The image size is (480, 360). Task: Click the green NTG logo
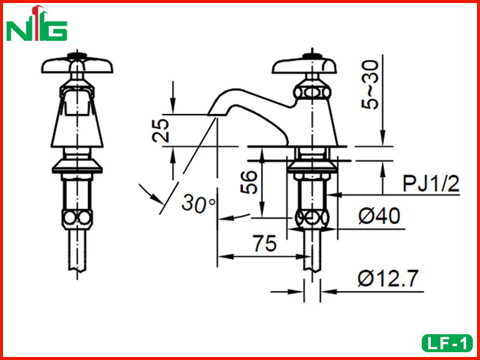pyautogui.click(x=37, y=23)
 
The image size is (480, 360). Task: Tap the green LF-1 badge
pyautogui.click(x=447, y=343)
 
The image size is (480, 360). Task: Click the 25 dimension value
pyautogui.click(x=161, y=130)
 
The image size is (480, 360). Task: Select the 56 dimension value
pyautogui.click(x=248, y=182)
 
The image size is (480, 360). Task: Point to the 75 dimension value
pyautogui.click(x=265, y=244)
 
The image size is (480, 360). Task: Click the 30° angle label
pyautogui.click(x=199, y=203)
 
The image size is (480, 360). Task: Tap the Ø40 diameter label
pyautogui.click(x=379, y=215)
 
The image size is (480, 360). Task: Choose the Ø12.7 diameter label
pyautogui.click(x=388, y=278)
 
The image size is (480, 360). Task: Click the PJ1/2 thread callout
pyautogui.click(x=431, y=184)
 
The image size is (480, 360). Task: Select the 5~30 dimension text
pyautogui.click(x=370, y=85)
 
